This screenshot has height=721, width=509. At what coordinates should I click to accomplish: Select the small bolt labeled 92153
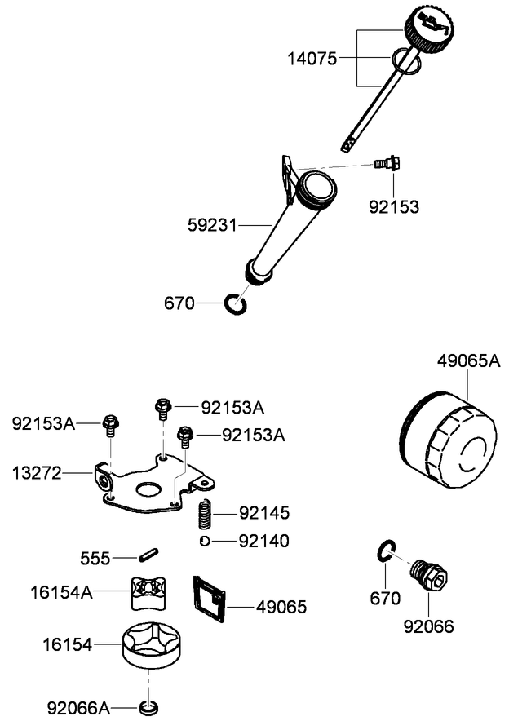point(384,163)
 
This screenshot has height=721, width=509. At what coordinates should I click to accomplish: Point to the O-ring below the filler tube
point(235,303)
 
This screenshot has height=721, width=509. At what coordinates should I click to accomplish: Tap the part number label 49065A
point(467,360)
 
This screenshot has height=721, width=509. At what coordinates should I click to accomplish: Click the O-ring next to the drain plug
point(387,551)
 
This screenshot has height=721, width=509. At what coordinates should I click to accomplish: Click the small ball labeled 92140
point(204,541)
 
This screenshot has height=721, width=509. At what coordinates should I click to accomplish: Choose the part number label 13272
point(36,472)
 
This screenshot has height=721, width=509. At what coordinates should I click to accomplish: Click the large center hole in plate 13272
point(148,489)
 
